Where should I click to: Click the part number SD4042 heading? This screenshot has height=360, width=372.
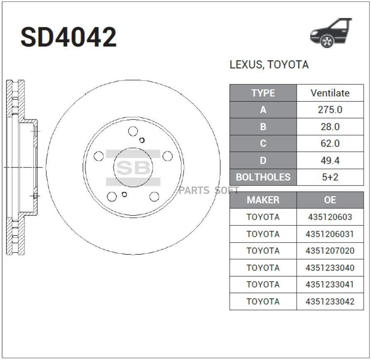pyautogui.click(x=69, y=38)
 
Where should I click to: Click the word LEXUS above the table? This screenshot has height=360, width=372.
pyautogui.click(x=246, y=65)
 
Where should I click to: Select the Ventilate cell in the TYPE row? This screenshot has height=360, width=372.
pyautogui.click(x=330, y=93)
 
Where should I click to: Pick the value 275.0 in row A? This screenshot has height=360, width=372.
pyautogui.click(x=330, y=110)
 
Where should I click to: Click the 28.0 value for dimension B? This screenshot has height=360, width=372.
pyautogui.click(x=330, y=127)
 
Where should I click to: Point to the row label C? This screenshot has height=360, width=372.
pyautogui.click(x=263, y=144)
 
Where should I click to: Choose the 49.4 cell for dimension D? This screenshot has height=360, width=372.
pyautogui.click(x=330, y=161)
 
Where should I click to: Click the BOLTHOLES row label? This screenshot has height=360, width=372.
pyautogui.click(x=263, y=177)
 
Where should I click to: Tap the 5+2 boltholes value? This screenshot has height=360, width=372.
pyautogui.click(x=330, y=177)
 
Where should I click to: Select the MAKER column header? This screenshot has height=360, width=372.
pyautogui.click(x=263, y=200)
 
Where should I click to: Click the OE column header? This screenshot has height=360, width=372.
pyautogui.click(x=330, y=200)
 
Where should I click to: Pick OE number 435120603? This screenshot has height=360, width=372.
pyautogui.click(x=330, y=217)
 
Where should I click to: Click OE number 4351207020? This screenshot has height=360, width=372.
pyautogui.click(x=330, y=251)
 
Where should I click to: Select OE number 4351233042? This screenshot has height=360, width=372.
pyautogui.click(x=330, y=302)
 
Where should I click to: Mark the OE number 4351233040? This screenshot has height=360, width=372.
pyautogui.click(x=330, y=268)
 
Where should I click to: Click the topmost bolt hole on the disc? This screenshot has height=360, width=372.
pyautogui.click(x=133, y=131)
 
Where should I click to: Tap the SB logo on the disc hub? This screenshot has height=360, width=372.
pyautogui.click(x=133, y=168)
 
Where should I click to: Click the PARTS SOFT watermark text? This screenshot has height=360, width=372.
pyautogui.click(x=209, y=191)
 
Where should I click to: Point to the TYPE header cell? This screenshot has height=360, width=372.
pyautogui.click(x=263, y=93)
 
